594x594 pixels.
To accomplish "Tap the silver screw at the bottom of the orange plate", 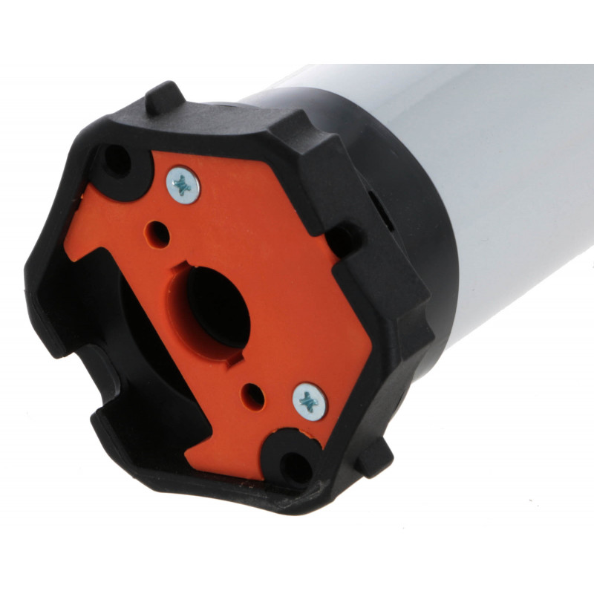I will pos(310,402).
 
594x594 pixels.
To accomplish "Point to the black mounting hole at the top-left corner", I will pos(117,160).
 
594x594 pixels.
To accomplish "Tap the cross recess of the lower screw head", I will pos(310,402).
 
